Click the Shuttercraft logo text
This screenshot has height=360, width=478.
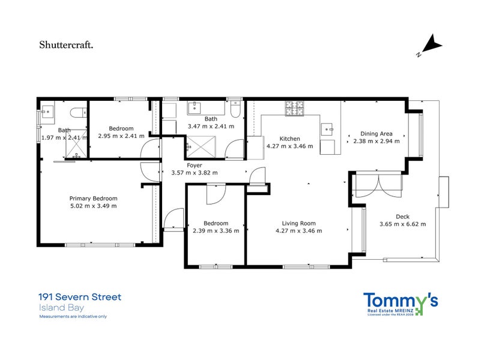66,45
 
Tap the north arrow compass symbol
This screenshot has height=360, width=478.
431,46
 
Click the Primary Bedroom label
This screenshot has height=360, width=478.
93,199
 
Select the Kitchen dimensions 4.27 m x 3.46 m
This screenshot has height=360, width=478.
289,146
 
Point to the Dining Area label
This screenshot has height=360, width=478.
376,134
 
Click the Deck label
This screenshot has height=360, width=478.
402,217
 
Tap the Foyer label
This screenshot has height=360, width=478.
194,166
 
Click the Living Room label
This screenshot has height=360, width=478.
298,223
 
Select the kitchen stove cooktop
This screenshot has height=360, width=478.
294,108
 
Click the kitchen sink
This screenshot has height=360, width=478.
327,129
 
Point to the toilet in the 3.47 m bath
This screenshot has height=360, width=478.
235,109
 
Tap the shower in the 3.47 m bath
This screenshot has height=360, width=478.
201,148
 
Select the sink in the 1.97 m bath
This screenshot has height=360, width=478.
47,112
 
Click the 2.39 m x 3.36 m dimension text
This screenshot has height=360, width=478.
216,231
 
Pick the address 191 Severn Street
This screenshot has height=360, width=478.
80,297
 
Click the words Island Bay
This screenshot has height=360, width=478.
61,308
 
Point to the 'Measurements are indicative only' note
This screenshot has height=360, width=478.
73,316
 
